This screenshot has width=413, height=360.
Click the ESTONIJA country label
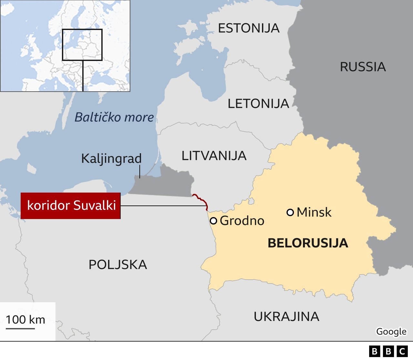coord(248,28)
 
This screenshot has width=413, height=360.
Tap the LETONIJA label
coord(258,104)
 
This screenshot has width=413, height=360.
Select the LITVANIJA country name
coord(214,156)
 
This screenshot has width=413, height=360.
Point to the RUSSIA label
coord(363,67)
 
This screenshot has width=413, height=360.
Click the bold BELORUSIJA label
coord(308,243)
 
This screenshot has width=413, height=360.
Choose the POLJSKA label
coord(118,265)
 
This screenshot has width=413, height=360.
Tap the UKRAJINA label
coord(286,316)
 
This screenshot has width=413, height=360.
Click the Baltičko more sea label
coord(114,117)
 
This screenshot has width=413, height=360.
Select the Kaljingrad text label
coord(111,158)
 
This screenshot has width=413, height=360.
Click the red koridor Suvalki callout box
coord(71,205)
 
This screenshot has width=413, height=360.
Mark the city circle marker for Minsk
coord(290,212)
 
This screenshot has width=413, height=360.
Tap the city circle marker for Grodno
coord(213,221)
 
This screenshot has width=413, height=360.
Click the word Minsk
coord(314,212)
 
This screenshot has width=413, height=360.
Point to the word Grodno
coord(242,221)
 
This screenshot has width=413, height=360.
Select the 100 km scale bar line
coord(20,328)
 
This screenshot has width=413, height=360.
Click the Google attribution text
coord(391,331)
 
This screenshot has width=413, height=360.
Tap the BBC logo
coord(388,351)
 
